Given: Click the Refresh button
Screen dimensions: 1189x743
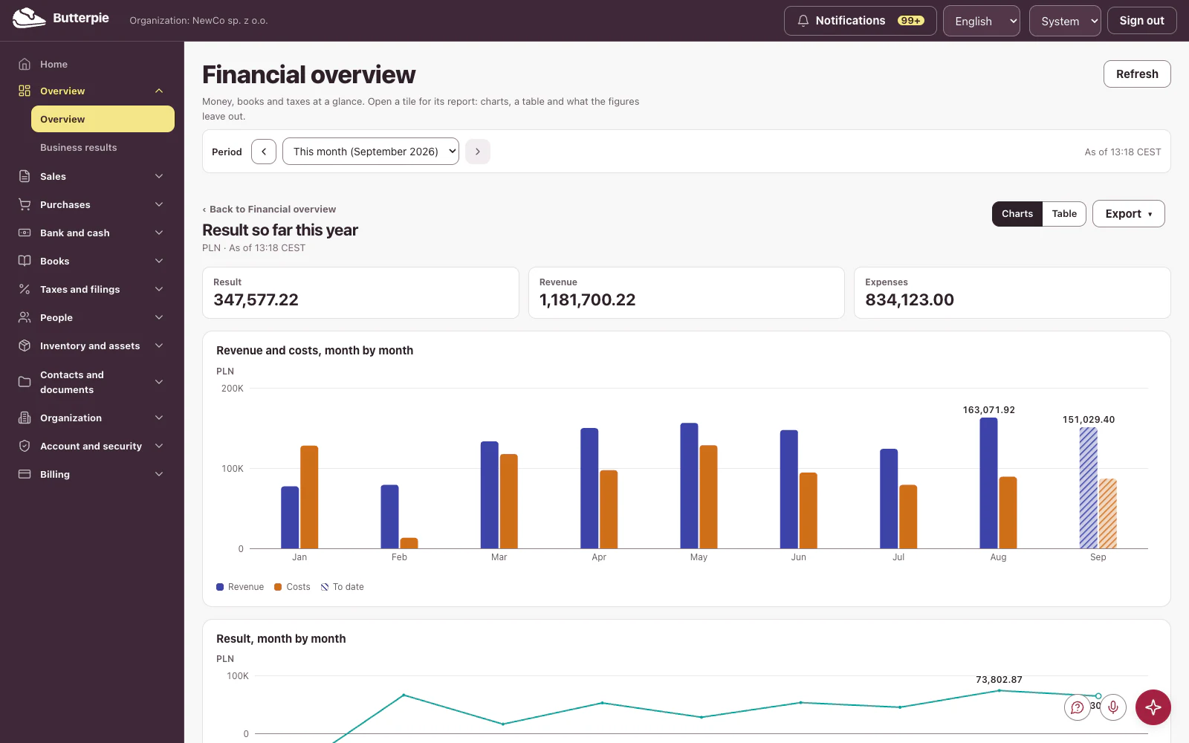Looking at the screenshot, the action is tap(1136, 74).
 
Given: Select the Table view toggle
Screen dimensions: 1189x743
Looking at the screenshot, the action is tap(1063, 213).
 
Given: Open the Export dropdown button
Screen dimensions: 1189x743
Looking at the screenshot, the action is tap(1129, 213).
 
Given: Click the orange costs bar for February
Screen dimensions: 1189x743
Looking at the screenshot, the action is tap(409, 543).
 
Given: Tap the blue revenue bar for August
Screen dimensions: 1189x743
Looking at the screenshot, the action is tap(988, 483).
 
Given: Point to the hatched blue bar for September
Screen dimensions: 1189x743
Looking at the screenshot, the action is tap(1088, 487).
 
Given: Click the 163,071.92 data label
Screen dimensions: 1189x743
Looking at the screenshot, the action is tap(988, 409).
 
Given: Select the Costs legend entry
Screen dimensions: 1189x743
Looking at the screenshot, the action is tap(292, 586).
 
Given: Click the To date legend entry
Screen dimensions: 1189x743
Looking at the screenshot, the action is tap(343, 586).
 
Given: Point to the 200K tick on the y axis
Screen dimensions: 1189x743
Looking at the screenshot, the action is tap(232, 389).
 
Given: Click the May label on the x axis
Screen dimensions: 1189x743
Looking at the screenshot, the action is tap(699, 557).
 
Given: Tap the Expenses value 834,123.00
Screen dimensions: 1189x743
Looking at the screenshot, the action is tap(910, 300).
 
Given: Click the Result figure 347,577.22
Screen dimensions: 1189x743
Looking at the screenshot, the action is tap(256, 300).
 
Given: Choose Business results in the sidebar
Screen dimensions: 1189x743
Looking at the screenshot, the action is tap(79, 148).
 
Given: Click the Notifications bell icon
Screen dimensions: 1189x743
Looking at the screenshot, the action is tap(803, 21).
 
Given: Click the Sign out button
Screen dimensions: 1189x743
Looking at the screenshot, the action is tap(1141, 21).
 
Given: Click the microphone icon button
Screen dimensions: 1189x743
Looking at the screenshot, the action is tap(1113, 707).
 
